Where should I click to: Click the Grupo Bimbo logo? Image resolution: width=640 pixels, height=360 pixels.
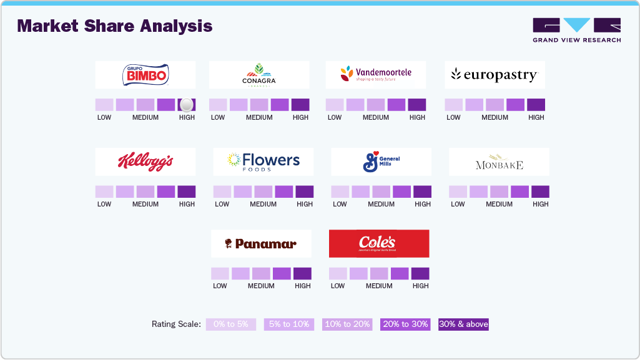145,75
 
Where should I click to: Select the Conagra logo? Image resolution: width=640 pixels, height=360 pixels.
258,75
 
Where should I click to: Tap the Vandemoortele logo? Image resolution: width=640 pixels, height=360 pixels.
375,75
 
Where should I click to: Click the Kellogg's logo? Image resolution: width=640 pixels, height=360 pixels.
145,162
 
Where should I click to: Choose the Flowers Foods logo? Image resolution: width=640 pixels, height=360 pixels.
263,162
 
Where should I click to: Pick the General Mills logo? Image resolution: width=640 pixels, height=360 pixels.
381,162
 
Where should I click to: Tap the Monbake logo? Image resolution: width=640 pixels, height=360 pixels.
498,164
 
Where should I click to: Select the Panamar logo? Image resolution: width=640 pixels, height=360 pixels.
260,244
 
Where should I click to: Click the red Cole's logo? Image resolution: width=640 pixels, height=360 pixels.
378,243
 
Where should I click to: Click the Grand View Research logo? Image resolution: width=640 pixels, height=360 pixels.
576,31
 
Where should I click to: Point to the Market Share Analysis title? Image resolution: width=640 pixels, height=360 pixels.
115,26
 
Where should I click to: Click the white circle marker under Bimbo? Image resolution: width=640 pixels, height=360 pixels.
186,105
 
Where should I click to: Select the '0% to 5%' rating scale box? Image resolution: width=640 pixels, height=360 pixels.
231,324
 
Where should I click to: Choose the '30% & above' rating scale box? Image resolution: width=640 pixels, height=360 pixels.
463,324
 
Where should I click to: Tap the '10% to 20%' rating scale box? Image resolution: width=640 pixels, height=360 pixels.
347,324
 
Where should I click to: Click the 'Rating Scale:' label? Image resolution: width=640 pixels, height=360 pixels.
176,324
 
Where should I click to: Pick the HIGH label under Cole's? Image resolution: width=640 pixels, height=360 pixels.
420,286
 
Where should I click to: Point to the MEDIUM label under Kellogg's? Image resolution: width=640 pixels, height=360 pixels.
145,204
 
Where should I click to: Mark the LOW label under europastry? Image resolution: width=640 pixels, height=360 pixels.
453,117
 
